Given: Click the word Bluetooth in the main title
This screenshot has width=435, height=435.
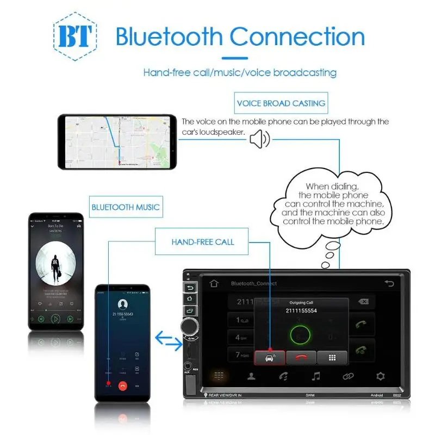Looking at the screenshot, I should pos(169,37).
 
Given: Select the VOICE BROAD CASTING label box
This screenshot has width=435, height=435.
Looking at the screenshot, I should pos(281,103).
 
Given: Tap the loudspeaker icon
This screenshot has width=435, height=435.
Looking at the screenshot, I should pos(259,140).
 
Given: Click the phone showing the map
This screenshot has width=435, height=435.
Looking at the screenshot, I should pos(117,141).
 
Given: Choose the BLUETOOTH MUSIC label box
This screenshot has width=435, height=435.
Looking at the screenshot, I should pos(126,207).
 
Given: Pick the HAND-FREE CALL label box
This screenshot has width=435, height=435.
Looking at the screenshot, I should pos(202,241).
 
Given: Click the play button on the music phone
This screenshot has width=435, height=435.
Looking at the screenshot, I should pos(55,319).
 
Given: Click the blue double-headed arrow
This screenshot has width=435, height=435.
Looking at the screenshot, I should pos(169,341).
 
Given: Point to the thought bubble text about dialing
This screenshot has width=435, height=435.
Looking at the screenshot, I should pos(333,204).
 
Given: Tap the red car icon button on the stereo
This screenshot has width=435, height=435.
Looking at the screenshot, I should pos(270,357).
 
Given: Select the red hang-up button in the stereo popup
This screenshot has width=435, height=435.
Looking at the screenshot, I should pos(301,357).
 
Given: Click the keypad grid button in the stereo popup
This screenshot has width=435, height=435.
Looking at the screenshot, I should pos(332,357).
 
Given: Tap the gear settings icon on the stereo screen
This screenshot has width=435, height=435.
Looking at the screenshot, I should pos(381,376).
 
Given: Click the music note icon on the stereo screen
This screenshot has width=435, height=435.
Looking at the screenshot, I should pos(315,376).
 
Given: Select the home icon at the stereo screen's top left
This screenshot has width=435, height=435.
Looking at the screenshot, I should pos(214,283).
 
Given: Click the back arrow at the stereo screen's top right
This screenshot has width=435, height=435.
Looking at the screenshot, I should pos(389,283).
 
